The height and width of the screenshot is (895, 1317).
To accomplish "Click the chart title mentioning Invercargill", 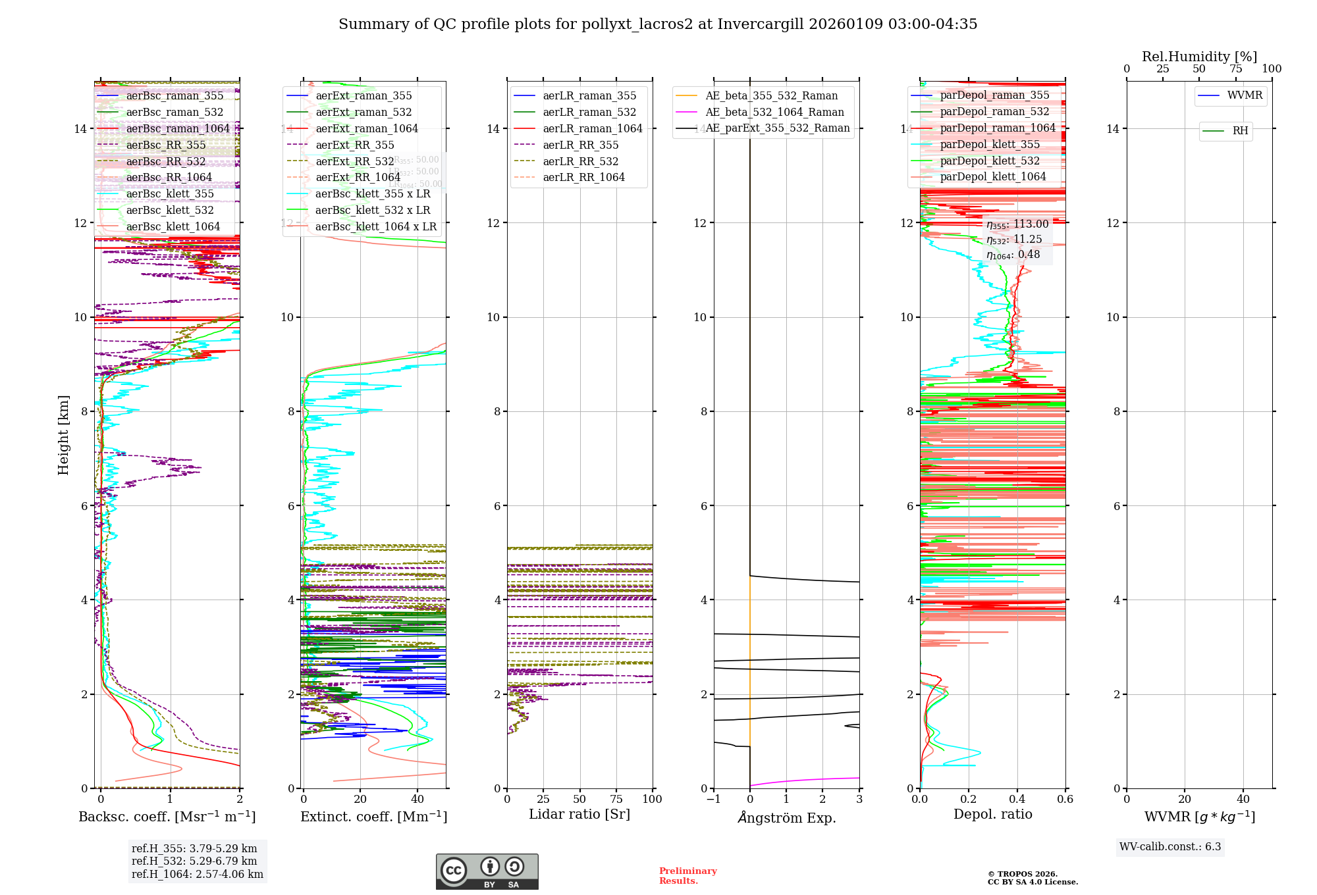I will point(658,24).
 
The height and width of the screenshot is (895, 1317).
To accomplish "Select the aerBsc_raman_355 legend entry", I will point(175,96).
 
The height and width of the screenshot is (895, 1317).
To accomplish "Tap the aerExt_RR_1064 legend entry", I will point(358,178).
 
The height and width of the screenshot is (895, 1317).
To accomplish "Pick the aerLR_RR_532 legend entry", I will point(580,161).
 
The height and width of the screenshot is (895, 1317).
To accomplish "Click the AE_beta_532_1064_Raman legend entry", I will point(774,113).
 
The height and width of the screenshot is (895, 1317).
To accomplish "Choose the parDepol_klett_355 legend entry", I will point(990,145).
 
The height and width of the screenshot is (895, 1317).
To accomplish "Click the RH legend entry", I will point(1240,131).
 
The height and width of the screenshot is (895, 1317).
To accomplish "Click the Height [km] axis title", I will point(63,435).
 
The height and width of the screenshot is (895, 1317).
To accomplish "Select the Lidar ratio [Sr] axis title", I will point(579,815).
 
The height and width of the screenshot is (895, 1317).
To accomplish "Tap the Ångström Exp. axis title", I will point(787,818).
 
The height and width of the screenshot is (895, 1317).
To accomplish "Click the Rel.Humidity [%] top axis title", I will point(1199,57).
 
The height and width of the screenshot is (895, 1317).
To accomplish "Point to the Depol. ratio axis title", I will point(993,815).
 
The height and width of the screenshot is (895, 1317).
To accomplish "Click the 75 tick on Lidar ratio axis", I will point(616,800).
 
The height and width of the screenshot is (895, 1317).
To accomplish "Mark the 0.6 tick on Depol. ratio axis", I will point(1065,800).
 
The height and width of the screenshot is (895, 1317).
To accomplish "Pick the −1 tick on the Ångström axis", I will point(713,800).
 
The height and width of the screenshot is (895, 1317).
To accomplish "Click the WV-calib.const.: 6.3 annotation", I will point(1170,847).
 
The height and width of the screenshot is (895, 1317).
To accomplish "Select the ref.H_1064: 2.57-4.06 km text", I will point(198,875).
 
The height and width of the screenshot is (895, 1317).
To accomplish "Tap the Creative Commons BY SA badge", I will point(487,872).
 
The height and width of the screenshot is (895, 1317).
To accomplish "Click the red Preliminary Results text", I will point(687,876).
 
